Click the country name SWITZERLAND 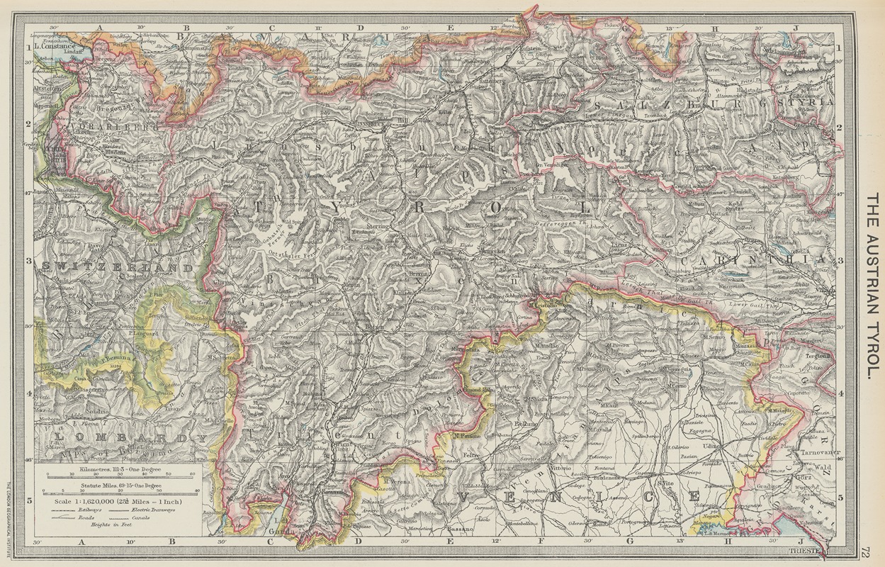(x=117, y=268)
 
